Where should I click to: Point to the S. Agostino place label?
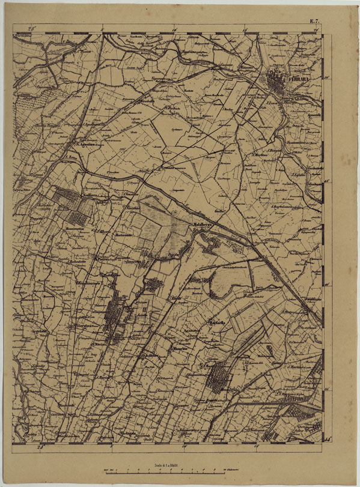click(x=88, y=144)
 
